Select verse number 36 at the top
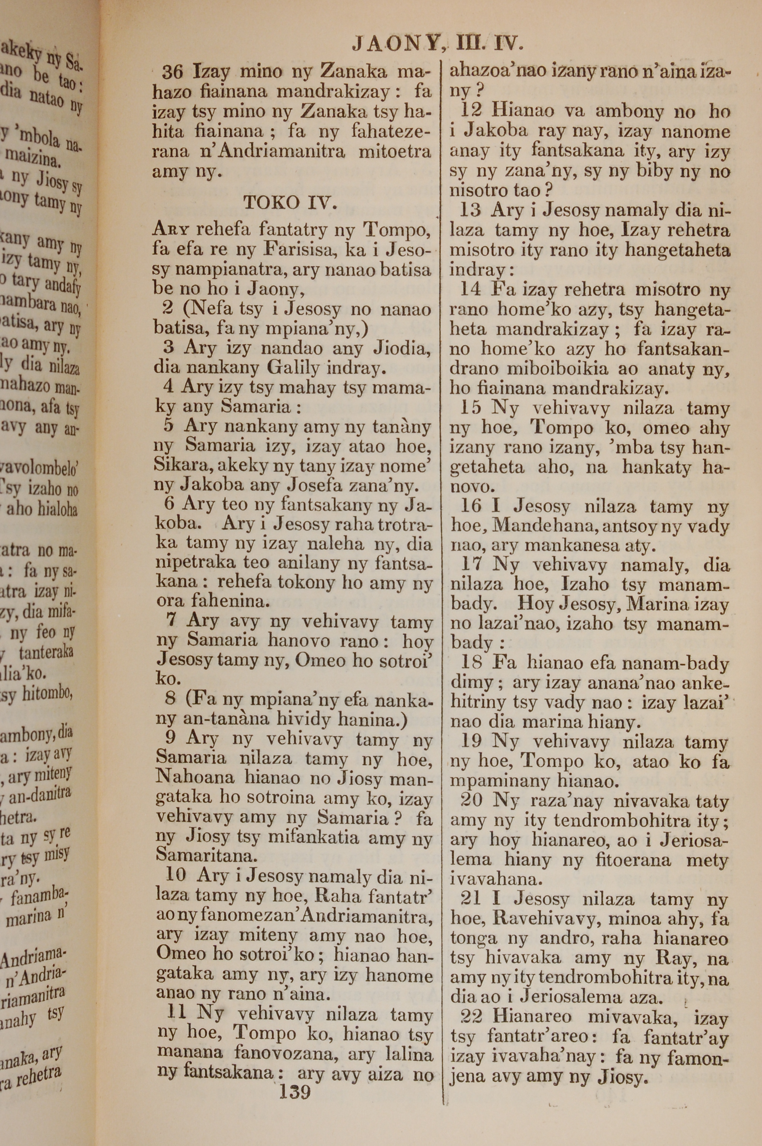173,72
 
